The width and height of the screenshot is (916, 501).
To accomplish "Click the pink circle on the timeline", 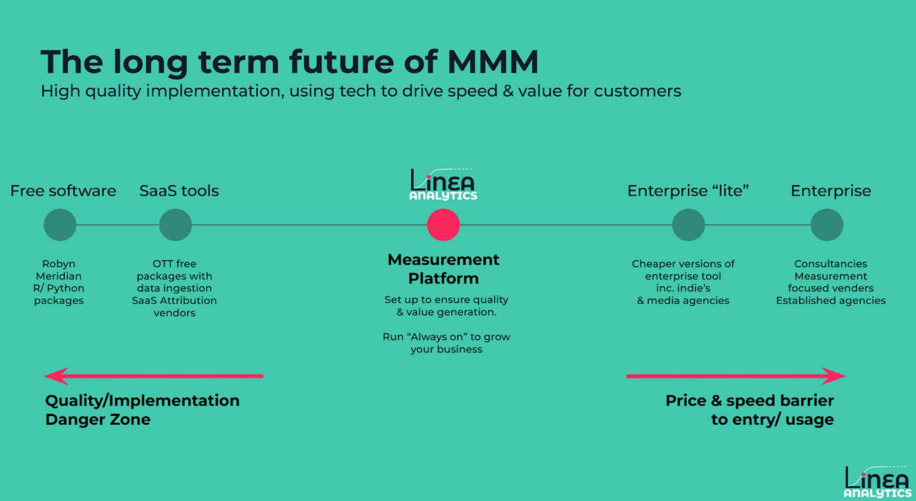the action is point(443,224).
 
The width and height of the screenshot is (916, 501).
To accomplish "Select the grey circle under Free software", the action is point(60,224).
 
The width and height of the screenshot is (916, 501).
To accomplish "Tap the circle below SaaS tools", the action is point(176,224).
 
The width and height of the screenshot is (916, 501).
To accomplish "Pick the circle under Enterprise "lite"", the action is point(689,224).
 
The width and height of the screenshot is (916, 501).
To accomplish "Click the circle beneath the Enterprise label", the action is point(827,224).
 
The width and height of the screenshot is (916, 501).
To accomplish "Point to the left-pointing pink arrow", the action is point(154,376).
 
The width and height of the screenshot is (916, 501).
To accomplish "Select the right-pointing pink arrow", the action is point(736,376).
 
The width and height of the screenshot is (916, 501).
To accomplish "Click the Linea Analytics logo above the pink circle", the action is point(443,184).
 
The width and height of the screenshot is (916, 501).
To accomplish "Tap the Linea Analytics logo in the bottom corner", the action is point(878,482).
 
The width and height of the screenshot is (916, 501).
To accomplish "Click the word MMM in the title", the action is point(493,62).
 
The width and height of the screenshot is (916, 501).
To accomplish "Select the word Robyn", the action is point(59,264).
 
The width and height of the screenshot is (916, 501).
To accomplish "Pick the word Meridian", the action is point(59,276).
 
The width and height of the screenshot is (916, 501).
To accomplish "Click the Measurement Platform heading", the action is point(443,269).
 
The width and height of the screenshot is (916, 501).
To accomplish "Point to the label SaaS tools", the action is point(179,190).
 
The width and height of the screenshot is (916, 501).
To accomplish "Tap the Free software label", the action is point(63,190).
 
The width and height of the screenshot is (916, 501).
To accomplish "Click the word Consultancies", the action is point(830,264).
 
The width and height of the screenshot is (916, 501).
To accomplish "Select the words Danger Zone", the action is point(98,419).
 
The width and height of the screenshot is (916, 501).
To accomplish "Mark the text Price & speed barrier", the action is point(750,401).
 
